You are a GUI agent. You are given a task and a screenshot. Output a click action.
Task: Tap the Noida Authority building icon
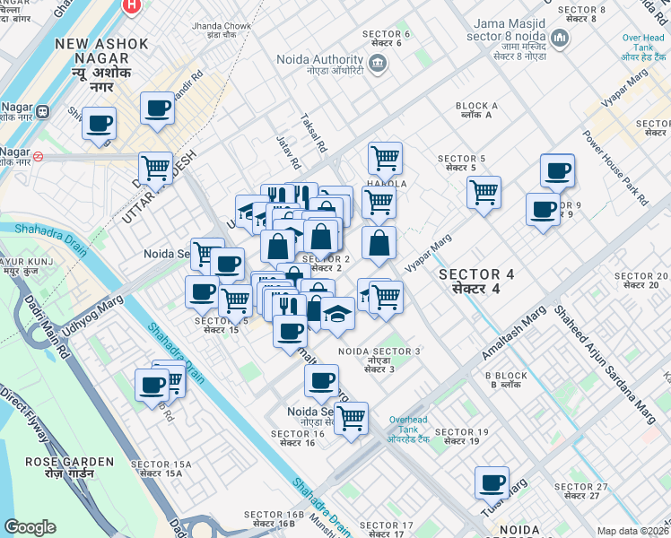[x=378, y=62]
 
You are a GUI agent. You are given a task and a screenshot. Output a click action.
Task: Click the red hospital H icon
[x=132, y=5]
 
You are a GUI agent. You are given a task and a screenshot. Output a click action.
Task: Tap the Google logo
[x=30, y=526]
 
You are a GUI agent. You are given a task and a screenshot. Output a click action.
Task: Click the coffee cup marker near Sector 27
[x=492, y=482]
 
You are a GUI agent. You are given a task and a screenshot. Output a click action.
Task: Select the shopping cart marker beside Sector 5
[x=484, y=190]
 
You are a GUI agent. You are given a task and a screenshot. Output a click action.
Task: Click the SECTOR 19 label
[x=461, y=437]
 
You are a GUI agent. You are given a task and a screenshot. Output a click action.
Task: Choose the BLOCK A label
[x=476, y=110]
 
